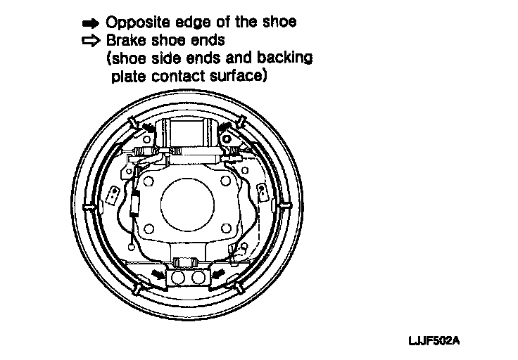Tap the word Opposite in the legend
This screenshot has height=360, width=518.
click(135, 22)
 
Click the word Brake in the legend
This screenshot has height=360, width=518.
click(124, 41)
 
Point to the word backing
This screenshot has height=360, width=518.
click(287, 58)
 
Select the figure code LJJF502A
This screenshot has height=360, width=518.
click(434, 341)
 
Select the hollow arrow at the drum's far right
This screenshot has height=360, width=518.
click(285, 204)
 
